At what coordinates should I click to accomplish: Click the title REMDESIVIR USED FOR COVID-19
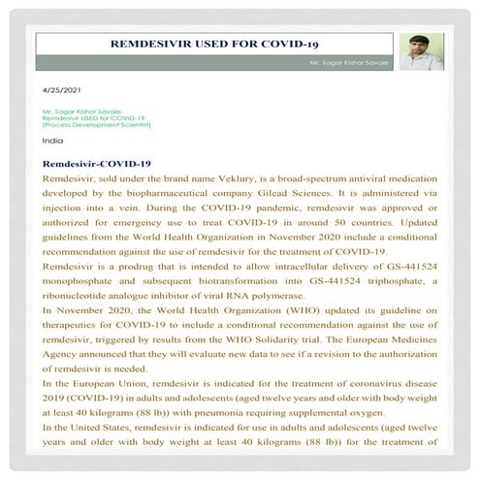coord(215,44)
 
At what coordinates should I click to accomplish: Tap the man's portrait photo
coord(422,51)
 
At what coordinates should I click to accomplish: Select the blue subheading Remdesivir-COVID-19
coord(97,164)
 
